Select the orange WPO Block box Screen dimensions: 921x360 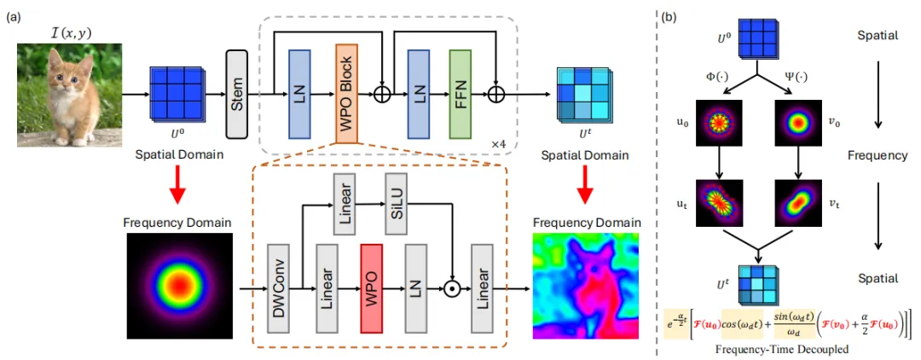(x=346, y=93)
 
